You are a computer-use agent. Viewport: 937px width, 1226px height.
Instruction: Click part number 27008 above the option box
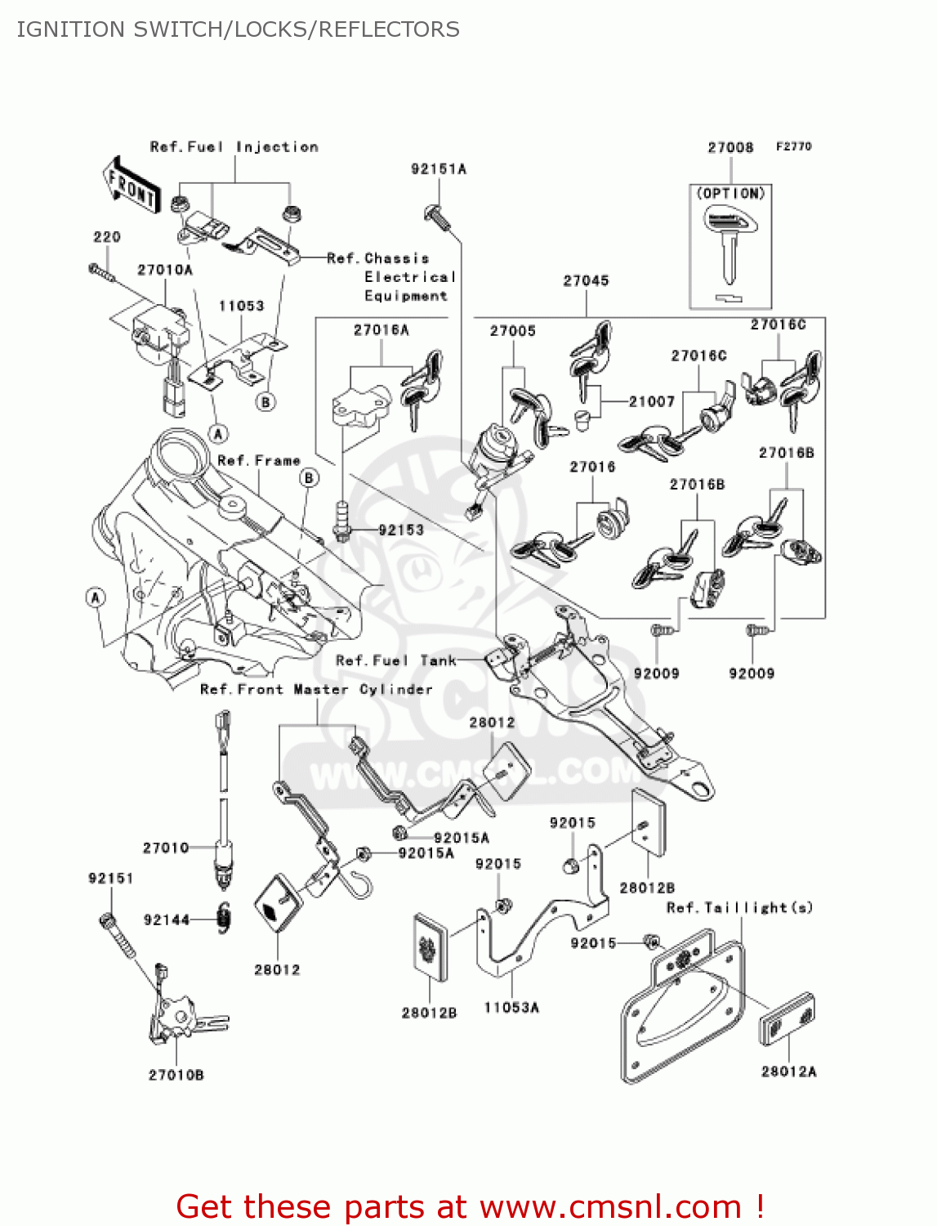pyautogui.click(x=730, y=147)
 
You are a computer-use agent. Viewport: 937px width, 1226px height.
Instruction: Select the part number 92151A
pyautogui.click(x=439, y=169)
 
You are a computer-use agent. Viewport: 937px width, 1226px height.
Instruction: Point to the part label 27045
pyautogui.click(x=586, y=280)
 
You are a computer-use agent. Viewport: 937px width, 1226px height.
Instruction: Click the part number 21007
pyautogui.click(x=652, y=401)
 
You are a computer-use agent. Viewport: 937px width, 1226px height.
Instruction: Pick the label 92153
pyautogui.click(x=401, y=530)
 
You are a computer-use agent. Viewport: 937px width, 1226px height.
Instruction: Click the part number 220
pyautogui.click(x=107, y=237)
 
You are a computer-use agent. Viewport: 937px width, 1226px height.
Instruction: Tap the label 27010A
pyautogui.click(x=165, y=270)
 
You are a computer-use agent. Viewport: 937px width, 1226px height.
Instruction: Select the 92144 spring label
pyautogui.click(x=167, y=919)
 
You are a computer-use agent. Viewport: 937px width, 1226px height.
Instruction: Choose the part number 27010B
pyautogui.click(x=176, y=1075)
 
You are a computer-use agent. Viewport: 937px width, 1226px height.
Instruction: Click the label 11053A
pyautogui.click(x=511, y=1008)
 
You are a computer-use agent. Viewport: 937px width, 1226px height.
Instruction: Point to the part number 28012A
pyautogui.click(x=789, y=1071)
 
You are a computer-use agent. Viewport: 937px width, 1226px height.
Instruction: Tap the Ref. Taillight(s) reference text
pyautogui.click(x=740, y=907)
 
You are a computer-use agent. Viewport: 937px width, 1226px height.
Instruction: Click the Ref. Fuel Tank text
pyautogui.click(x=396, y=660)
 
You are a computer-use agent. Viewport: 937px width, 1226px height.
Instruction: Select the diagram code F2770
pyautogui.click(x=794, y=146)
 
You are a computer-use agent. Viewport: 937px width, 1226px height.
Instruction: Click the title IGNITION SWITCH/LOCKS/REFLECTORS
pyautogui.click(x=238, y=29)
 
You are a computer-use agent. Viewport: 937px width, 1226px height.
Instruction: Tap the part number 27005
pyautogui.click(x=513, y=331)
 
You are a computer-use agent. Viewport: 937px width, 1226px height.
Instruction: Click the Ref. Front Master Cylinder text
pyautogui.click(x=316, y=690)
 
